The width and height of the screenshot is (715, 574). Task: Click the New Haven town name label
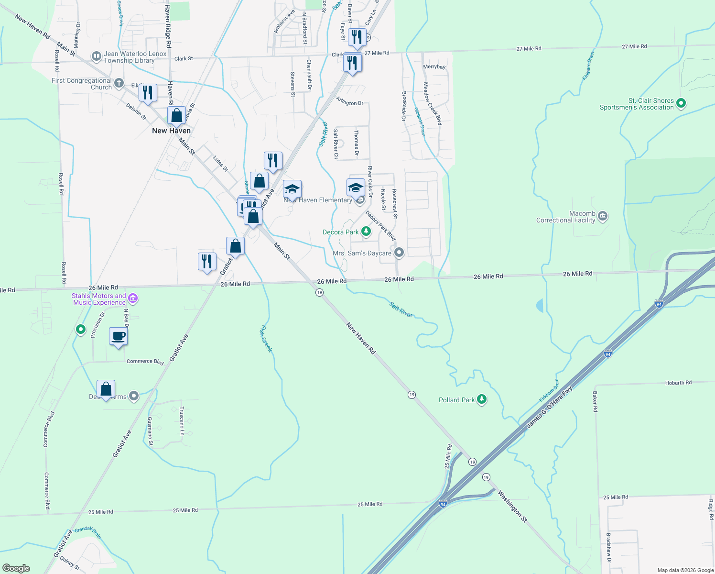pos(171,131)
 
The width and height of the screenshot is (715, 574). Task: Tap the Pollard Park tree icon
pos(482,400)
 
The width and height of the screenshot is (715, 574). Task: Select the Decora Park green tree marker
pos(366,232)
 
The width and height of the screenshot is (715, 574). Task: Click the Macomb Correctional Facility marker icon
pos(603,217)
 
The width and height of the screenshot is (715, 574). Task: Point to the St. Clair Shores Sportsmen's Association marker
pos(682,103)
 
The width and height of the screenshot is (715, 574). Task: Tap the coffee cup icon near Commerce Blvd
pos(118,336)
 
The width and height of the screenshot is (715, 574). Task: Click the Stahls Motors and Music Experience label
pos(99,299)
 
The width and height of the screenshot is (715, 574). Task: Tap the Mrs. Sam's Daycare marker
pos(399,253)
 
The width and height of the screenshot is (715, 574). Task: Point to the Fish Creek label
pos(266,339)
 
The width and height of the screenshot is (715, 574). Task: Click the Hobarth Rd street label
pos(678,383)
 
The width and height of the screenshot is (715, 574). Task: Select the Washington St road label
pos(512,506)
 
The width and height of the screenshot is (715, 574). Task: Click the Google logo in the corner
pos(16,568)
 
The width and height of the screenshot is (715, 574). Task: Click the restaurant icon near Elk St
pos(148,93)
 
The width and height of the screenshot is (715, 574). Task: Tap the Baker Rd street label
pos(595,401)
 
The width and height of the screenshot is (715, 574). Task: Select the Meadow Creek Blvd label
pos(432,104)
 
